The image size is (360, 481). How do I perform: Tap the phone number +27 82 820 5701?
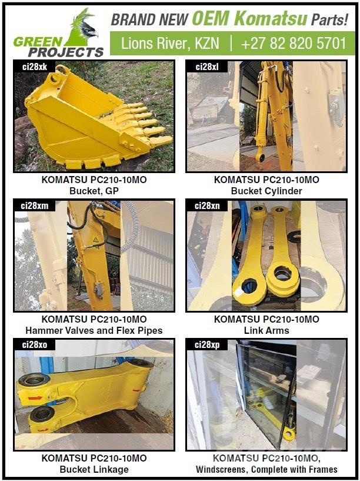point(293,43)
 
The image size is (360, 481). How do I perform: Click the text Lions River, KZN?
point(166,43)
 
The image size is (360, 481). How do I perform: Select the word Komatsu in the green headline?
point(270,19)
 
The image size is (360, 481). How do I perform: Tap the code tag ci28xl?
point(206,68)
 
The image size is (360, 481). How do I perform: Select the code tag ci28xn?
point(206,205)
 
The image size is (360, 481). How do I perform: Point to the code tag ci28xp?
point(206,344)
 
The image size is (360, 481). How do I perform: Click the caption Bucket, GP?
point(94,191)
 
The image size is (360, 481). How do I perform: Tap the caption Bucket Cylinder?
point(266,191)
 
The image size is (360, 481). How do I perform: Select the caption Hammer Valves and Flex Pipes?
point(94,330)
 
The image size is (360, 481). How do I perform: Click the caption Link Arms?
point(266,330)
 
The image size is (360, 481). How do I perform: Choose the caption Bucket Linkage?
point(94,469)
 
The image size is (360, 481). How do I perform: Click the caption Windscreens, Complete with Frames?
point(266,469)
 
